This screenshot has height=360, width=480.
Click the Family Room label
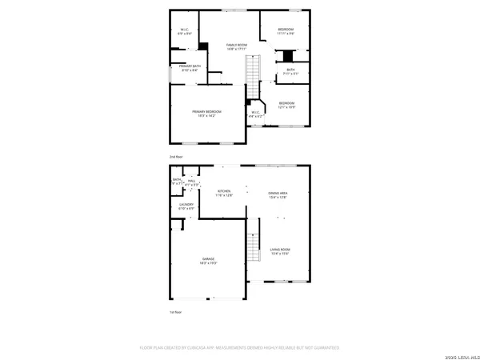click(236, 46)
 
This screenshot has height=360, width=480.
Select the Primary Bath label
click(189, 69)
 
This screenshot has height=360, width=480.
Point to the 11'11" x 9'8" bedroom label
click(286, 33)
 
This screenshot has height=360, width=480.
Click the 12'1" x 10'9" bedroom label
click(286, 104)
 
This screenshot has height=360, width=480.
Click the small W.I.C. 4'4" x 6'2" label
click(255, 114)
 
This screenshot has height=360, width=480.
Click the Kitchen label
click(225, 194)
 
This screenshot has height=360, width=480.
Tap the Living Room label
click(279, 251)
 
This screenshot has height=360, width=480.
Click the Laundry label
click(186, 206)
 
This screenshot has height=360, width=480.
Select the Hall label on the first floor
click(192, 182)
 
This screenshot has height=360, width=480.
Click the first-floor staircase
click(254, 246)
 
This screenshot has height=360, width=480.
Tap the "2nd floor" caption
click(175, 158)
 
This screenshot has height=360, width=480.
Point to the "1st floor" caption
click(175, 311)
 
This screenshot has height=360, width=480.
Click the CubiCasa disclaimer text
click(240, 348)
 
